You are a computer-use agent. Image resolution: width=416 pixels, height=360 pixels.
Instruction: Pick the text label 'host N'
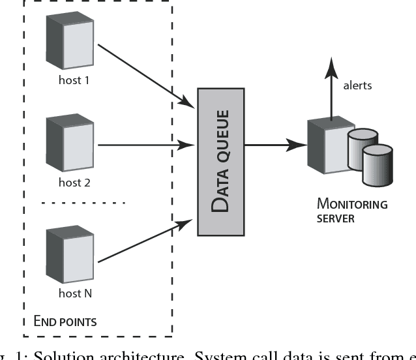(x=75, y=293)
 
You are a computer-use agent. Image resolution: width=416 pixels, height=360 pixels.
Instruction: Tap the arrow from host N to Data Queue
(x=147, y=241)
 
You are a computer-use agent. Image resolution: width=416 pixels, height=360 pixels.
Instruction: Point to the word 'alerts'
(x=357, y=85)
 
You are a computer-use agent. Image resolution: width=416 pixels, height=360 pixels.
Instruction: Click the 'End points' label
(x=65, y=321)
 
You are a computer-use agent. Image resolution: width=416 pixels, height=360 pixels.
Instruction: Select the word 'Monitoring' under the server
(x=352, y=204)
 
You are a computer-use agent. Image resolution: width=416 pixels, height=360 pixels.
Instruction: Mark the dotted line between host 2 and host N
(x=83, y=203)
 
